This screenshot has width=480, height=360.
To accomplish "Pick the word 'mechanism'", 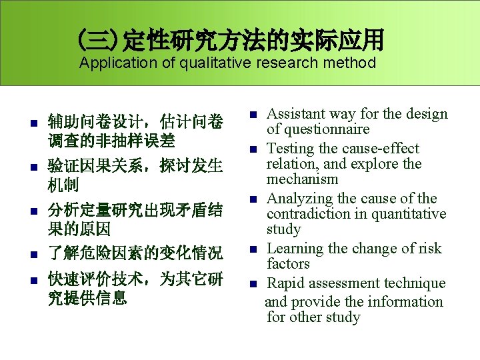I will click(x=303, y=179).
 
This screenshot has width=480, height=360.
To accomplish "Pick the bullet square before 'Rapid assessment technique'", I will click(x=254, y=284).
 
